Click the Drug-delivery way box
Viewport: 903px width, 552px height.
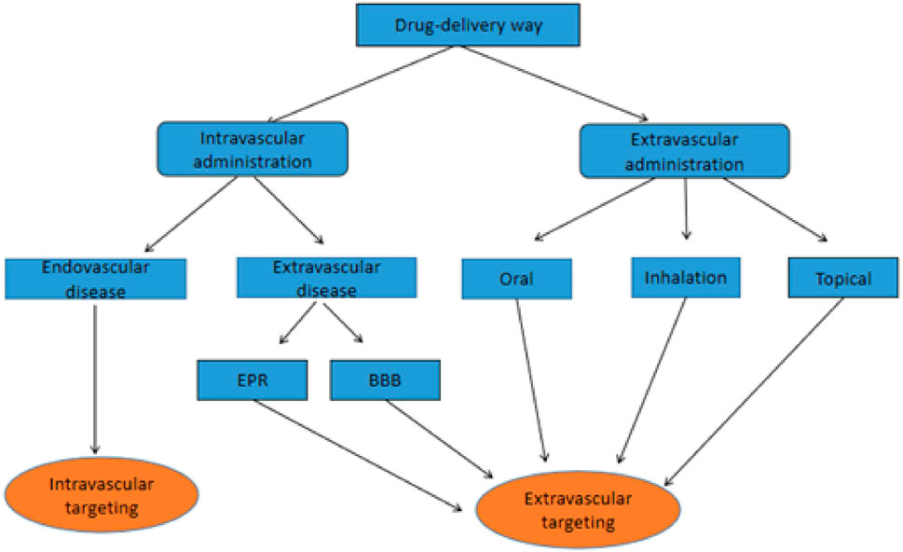click(450, 24)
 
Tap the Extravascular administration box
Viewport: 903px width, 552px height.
click(685, 149)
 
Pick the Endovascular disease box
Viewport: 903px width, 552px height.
click(95, 279)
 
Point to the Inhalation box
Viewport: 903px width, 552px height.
click(685, 278)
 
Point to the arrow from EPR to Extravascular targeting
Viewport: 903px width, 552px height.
click(363, 457)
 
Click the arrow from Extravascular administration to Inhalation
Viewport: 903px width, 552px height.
click(686, 210)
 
